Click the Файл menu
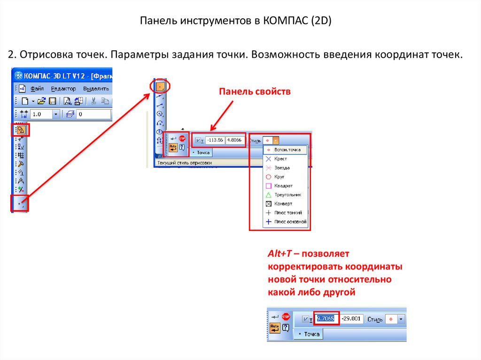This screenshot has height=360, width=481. [37, 89]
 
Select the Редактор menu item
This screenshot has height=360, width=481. [63, 89]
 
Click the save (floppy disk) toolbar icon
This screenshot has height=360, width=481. [53, 101]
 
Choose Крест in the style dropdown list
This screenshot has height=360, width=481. [280, 159]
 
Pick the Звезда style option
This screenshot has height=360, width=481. [282, 168]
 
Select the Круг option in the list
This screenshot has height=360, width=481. [279, 176]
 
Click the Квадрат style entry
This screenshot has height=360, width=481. [283, 185]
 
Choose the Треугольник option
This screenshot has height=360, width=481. [287, 194]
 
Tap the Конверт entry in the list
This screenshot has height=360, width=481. [283, 204]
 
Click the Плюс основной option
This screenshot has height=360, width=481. [290, 222]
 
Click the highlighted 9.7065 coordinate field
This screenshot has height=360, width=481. [326, 319]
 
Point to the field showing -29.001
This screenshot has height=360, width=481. [351, 319]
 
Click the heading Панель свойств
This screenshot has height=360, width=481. [255, 92]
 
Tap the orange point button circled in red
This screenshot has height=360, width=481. [160, 86]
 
